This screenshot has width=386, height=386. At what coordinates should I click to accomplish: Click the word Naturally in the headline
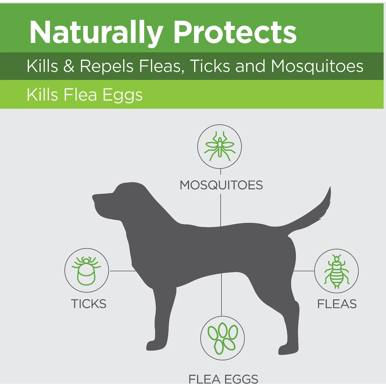(x=96, y=33)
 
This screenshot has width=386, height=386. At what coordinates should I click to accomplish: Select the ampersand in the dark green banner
(x=69, y=66)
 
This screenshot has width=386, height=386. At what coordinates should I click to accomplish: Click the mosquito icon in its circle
(x=220, y=146)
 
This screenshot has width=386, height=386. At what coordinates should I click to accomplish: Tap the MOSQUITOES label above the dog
(x=221, y=185)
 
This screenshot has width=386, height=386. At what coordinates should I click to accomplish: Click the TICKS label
(x=89, y=304)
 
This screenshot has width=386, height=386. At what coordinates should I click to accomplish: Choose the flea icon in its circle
(x=336, y=271)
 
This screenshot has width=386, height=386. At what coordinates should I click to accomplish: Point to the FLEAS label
(x=337, y=304)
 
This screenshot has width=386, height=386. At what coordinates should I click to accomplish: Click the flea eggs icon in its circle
(x=222, y=338)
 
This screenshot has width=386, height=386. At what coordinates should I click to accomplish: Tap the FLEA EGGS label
(x=223, y=379)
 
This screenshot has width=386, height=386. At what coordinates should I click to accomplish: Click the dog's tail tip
(x=330, y=188)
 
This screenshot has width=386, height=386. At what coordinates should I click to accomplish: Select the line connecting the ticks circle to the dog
(x=122, y=271)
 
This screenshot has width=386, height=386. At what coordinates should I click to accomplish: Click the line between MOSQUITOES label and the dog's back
(x=221, y=210)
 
